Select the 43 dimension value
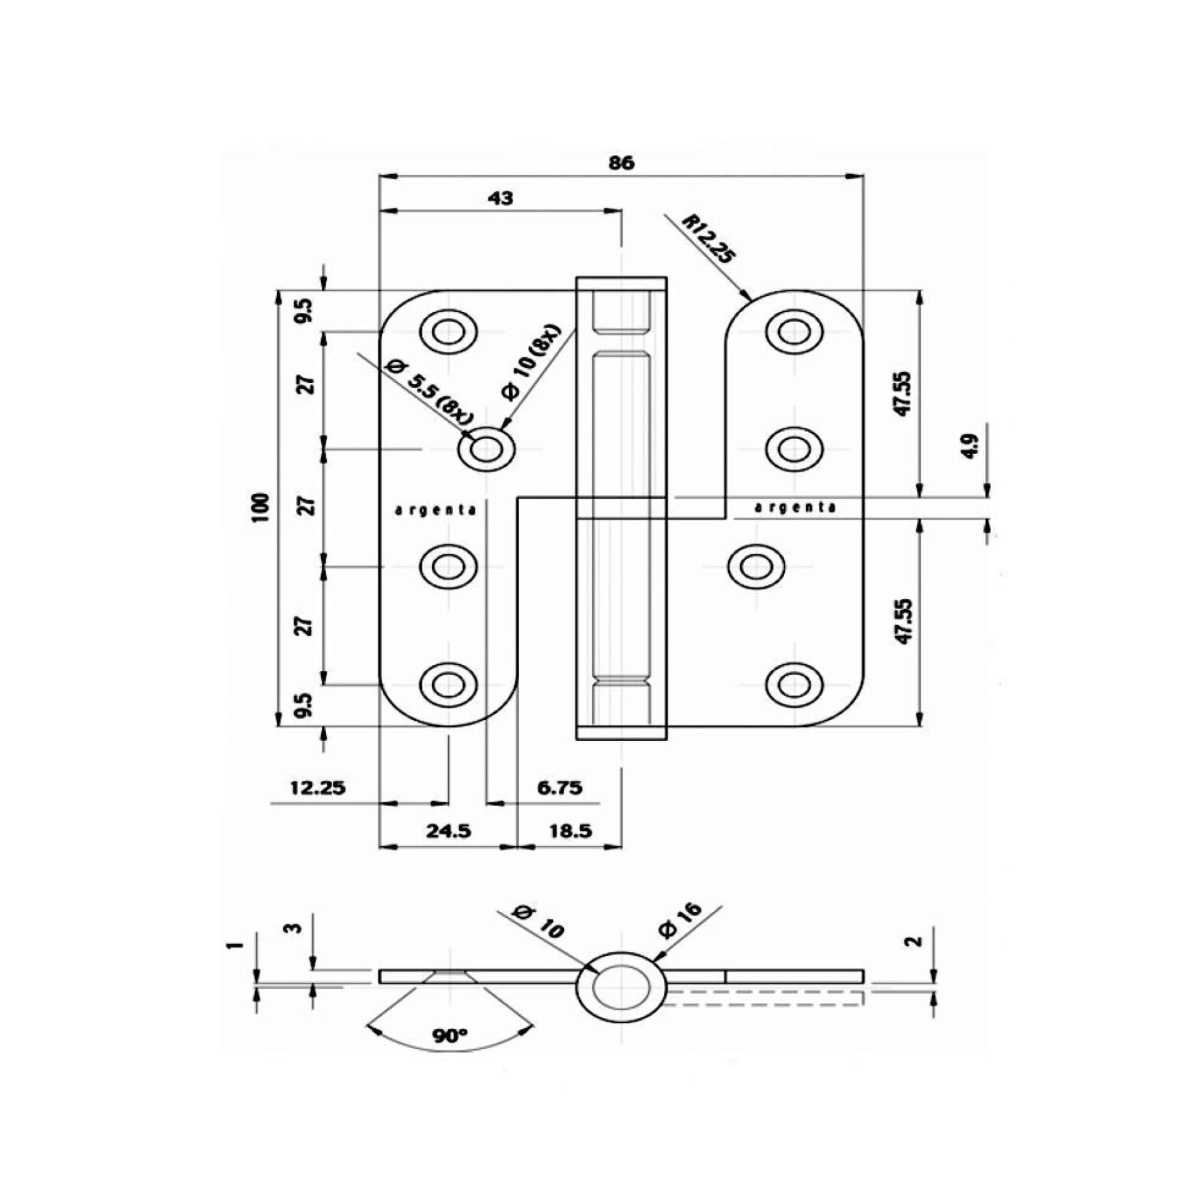[x=500, y=198]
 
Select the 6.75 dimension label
[x=559, y=787]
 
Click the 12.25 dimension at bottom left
[x=318, y=787]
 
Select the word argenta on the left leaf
[x=436, y=511]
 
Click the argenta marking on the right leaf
[x=795, y=508]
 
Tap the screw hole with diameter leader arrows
[x=486, y=449]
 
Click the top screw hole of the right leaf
[x=794, y=332]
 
